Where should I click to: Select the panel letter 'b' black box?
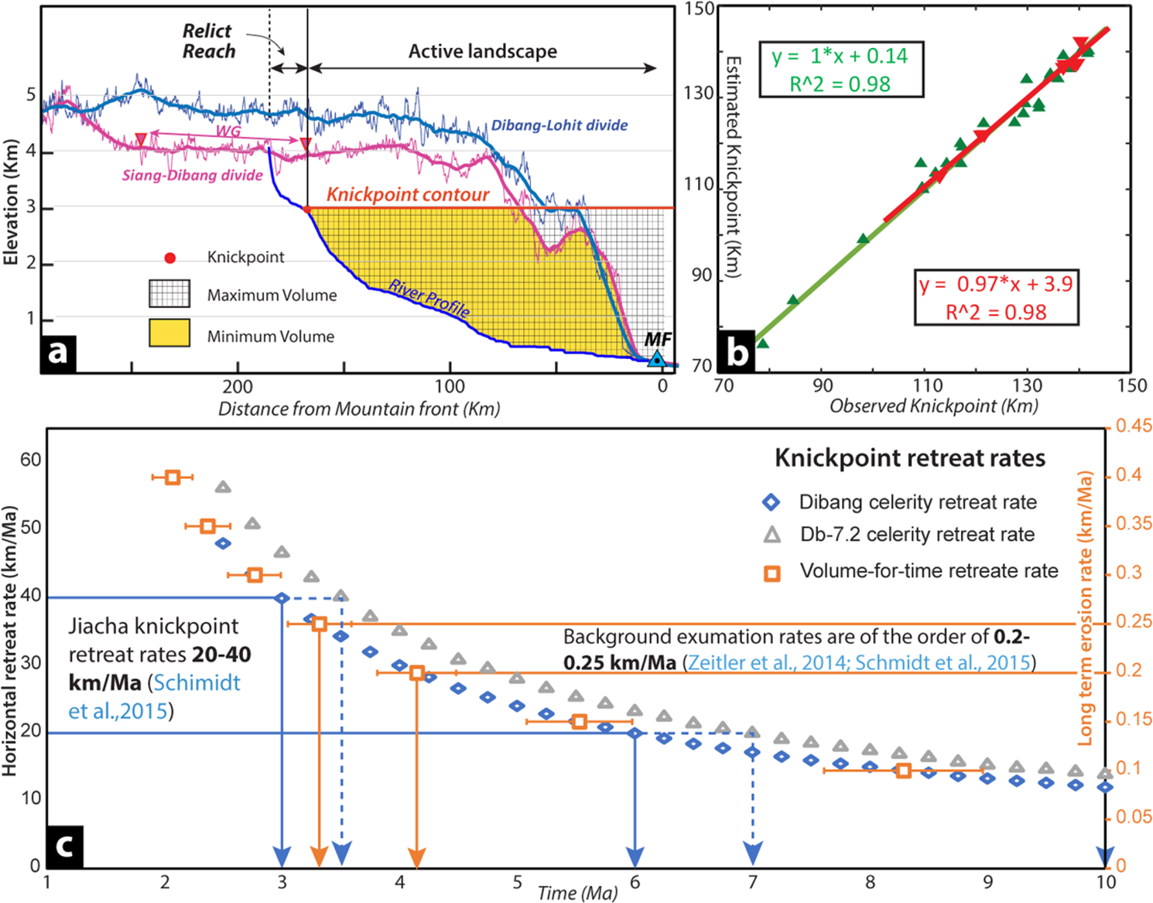(x=737, y=352)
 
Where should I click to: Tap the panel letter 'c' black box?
(x=65, y=846)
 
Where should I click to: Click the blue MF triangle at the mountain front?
(x=656, y=359)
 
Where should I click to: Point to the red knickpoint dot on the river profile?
(x=307, y=210)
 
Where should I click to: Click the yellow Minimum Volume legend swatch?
(x=169, y=333)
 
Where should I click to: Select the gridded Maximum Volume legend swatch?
(x=169, y=294)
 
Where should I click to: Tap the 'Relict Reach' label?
(x=208, y=41)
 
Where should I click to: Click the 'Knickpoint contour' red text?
(x=408, y=194)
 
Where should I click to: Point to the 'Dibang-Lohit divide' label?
(x=559, y=125)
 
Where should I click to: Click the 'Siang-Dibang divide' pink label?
(x=192, y=176)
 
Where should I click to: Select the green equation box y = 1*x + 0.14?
(x=840, y=70)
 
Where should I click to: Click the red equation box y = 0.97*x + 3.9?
(x=995, y=297)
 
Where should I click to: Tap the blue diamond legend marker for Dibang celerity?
(x=772, y=502)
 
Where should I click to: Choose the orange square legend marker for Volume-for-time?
(x=772, y=573)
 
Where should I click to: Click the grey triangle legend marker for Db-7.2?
(x=772, y=535)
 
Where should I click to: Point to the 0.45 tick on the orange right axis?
(x=1133, y=426)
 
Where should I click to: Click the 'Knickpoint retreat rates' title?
(x=909, y=458)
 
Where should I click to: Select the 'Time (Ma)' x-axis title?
(x=577, y=893)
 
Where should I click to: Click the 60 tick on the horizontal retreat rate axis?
(x=31, y=460)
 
